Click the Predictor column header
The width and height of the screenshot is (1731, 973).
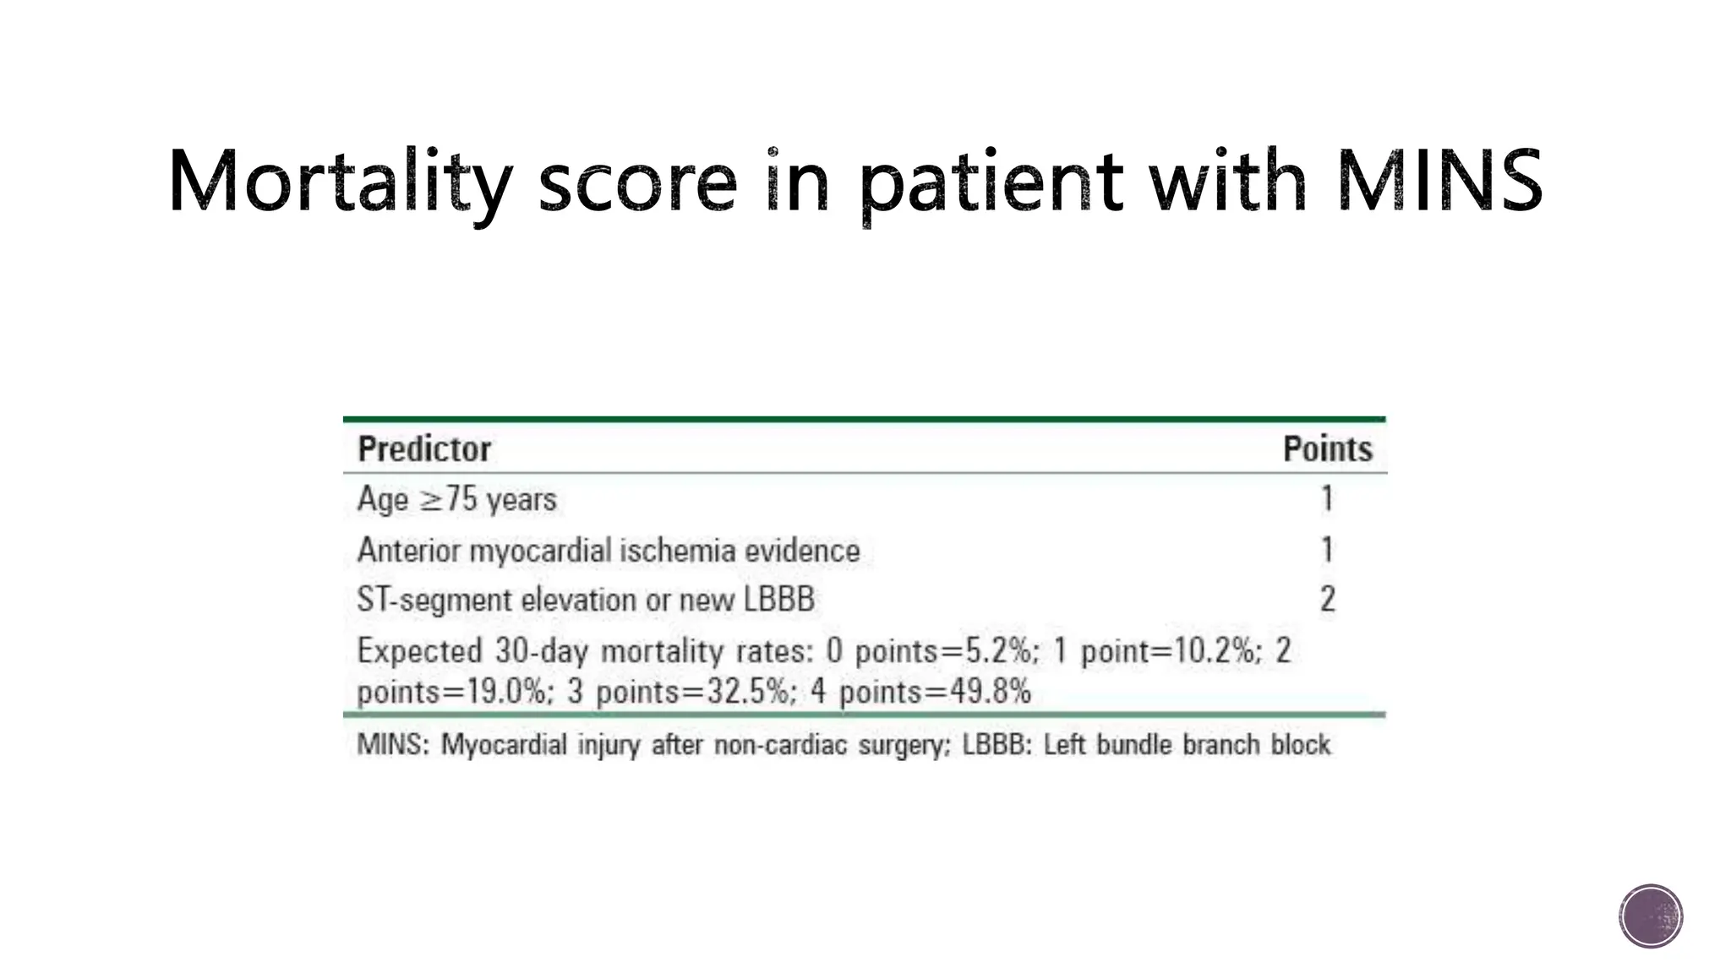coord(424,449)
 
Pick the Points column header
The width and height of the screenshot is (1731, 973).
coord(1327,449)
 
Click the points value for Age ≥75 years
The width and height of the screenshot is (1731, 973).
coord(1327,499)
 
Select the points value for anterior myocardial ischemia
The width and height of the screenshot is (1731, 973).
coord(1327,550)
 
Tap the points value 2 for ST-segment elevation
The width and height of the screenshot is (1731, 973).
coord(1327,600)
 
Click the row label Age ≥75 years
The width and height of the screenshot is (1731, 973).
coord(456,499)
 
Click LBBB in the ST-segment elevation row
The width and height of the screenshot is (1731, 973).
coord(778,600)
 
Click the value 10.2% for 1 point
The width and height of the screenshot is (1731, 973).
coord(1217,651)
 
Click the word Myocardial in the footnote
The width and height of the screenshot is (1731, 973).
coord(504,745)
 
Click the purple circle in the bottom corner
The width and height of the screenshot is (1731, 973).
coord(1651,916)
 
